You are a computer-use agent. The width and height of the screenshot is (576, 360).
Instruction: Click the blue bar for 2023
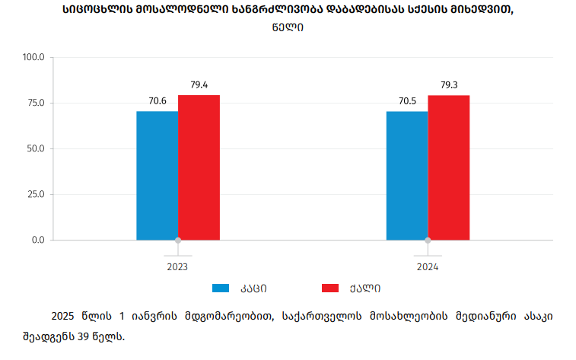pyautogui.click(x=158, y=176)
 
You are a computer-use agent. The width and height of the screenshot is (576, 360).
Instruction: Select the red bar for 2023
pyautogui.click(x=199, y=167)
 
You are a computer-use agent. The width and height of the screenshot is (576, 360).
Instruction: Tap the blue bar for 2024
pyautogui.click(x=407, y=176)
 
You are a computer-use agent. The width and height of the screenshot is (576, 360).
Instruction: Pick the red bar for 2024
pyautogui.click(x=449, y=167)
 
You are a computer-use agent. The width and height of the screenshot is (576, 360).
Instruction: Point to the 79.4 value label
pyautogui.click(x=199, y=84)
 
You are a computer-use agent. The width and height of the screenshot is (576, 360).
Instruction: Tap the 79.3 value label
pyautogui.click(x=449, y=84)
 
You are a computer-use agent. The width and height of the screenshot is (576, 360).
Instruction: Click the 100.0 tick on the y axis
pyautogui.click(x=34, y=57)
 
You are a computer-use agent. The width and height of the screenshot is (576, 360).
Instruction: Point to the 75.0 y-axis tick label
pyautogui.click(x=36, y=103)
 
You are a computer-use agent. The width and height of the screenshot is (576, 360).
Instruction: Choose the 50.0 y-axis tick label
pyautogui.click(x=36, y=148)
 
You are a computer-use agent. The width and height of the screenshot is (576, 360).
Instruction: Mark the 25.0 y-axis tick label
pyautogui.click(x=36, y=194)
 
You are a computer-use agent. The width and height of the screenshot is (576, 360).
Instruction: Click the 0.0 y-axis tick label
pyautogui.click(x=38, y=240)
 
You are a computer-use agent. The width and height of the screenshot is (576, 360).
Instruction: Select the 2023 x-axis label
pyautogui.click(x=177, y=267)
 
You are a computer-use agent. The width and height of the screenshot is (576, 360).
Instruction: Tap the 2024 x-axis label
pyautogui.click(x=428, y=267)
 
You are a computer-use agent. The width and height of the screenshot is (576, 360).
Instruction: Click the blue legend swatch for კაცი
pyautogui.click(x=221, y=288)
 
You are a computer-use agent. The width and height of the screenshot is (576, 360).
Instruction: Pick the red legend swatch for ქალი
pyautogui.click(x=330, y=288)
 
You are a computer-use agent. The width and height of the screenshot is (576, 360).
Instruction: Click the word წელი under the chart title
pyautogui.click(x=288, y=27)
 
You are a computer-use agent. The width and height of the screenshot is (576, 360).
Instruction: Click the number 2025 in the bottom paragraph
pyautogui.click(x=63, y=316)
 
